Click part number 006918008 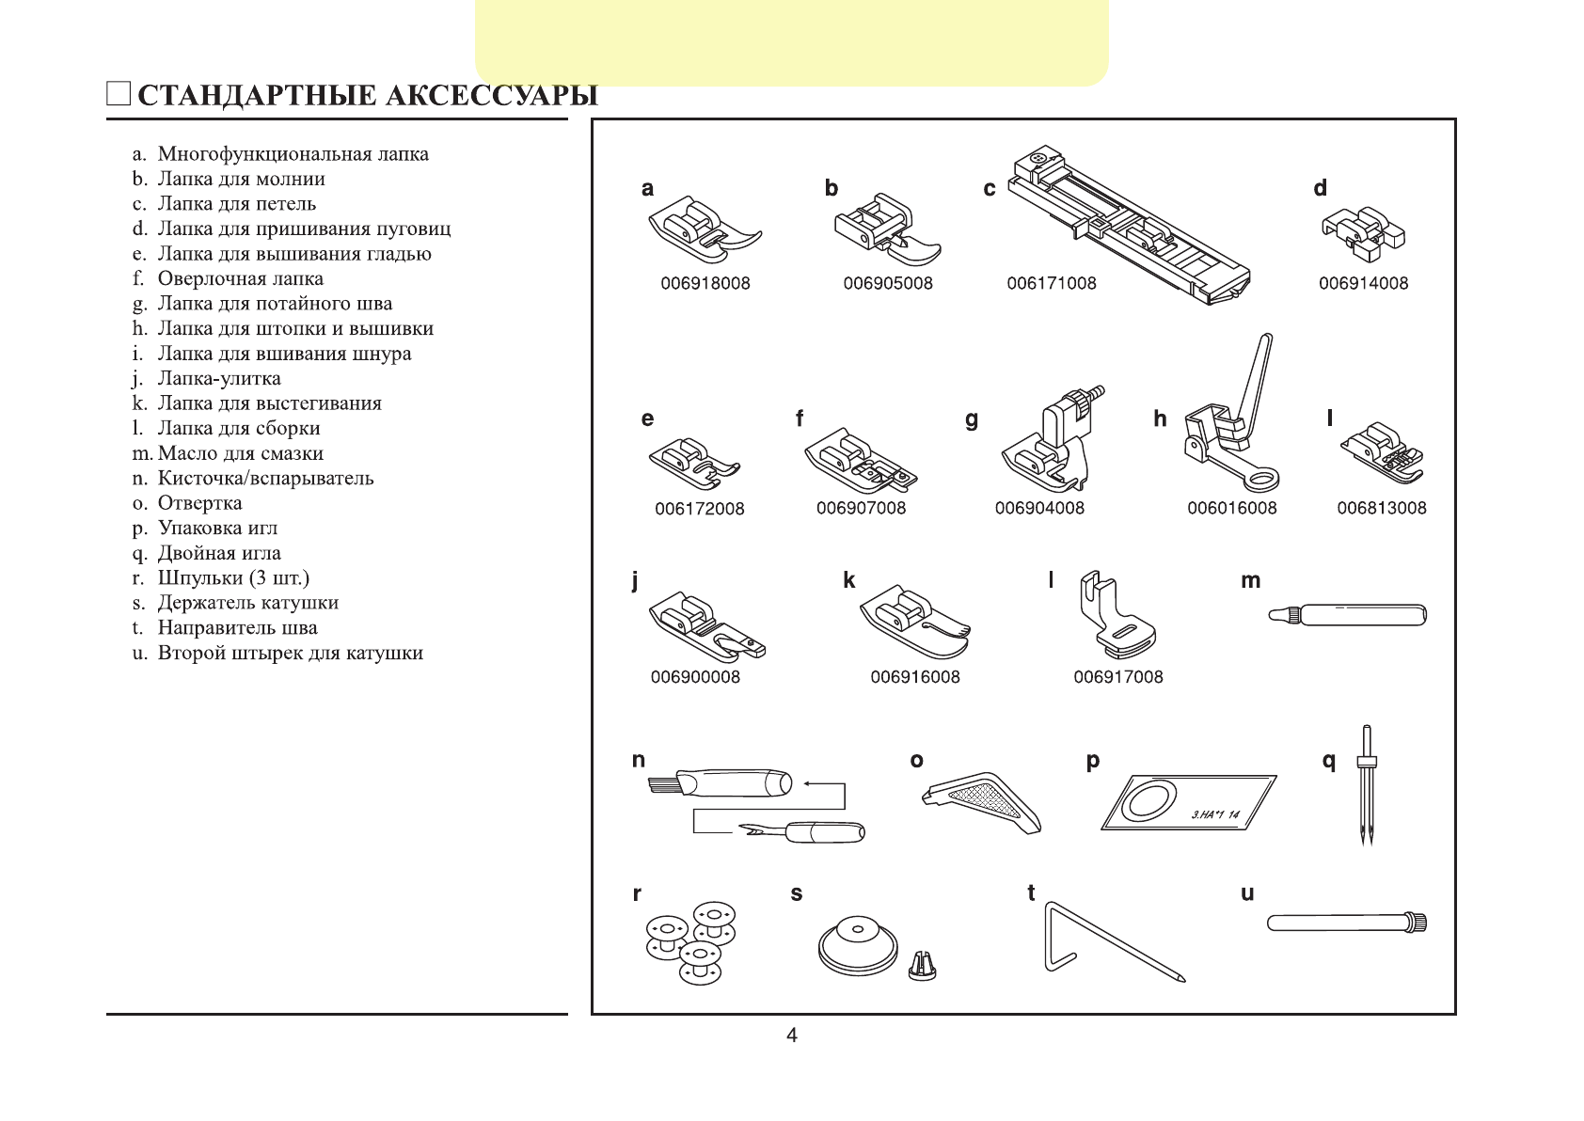(x=705, y=283)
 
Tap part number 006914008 (x=1363, y=283)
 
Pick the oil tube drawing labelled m (x=1348, y=616)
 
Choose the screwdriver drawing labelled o (x=981, y=799)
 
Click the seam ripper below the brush (x=801, y=831)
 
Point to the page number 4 (x=792, y=1035)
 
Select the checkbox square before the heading (x=119, y=94)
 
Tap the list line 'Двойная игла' (x=219, y=553)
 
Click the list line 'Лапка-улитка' (x=219, y=378)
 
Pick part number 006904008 (x=1039, y=508)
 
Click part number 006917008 (x=1118, y=677)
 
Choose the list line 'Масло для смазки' (x=241, y=453)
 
